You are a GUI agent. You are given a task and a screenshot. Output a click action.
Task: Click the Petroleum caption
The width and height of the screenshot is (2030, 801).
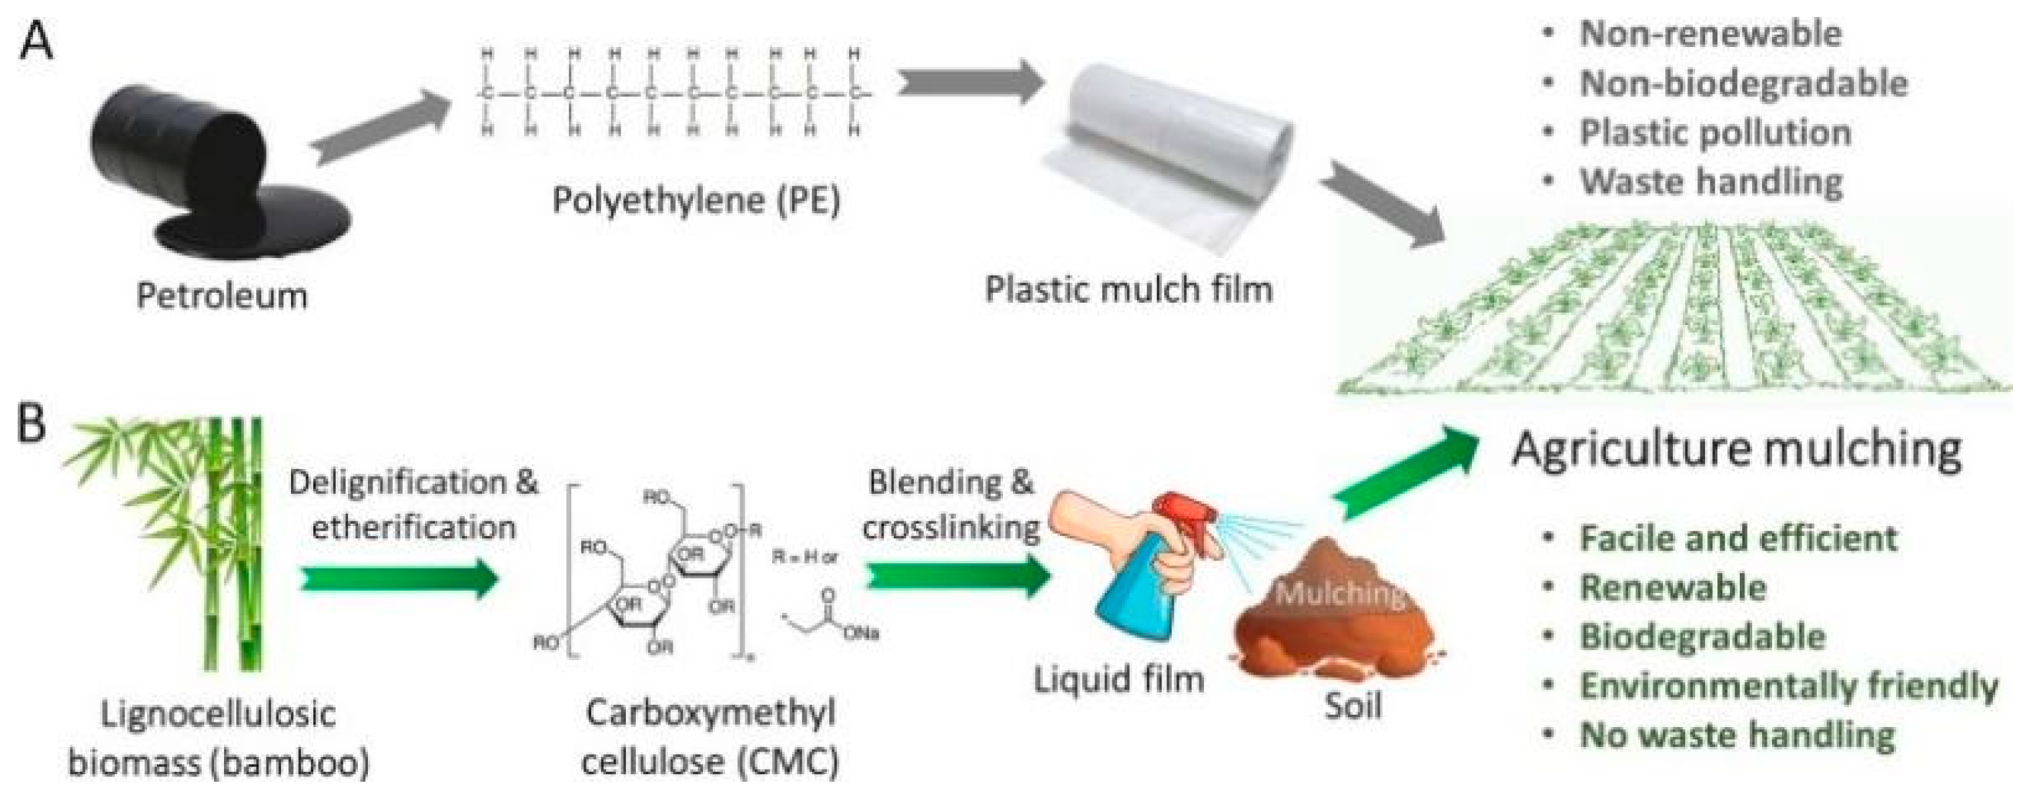222,297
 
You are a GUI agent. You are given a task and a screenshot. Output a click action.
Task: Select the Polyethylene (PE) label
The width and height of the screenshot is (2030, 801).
696,199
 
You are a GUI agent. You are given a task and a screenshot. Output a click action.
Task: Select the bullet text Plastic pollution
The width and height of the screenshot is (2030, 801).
1715,132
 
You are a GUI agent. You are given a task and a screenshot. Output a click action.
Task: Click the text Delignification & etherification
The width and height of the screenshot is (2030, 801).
413,504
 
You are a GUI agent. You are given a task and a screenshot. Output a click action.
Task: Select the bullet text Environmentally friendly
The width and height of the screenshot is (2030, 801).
1788,686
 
